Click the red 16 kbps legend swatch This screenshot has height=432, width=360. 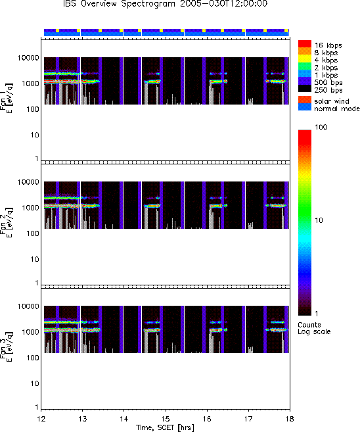coord(305,44)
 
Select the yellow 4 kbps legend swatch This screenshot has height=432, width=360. coord(305,59)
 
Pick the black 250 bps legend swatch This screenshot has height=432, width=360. coord(305,89)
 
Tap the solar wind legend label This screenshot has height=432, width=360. coord(331,101)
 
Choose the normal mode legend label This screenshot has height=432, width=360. coord(337,108)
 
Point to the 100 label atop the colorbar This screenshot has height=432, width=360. coord(321,127)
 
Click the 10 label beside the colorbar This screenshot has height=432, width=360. coord(319,220)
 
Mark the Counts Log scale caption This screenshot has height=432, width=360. coord(314,328)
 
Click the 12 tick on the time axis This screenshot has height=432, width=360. coord(41,419)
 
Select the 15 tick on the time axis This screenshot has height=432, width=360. coord(166,419)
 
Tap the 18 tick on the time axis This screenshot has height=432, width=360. coord(290,419)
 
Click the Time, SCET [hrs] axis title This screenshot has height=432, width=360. coord(165,427)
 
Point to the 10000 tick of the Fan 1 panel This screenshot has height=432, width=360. coord(28,58)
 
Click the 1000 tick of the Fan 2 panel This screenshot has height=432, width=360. coord(31,208)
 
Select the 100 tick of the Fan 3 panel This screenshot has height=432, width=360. coord(33,358)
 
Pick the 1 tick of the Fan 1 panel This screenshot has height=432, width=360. coord(37,158)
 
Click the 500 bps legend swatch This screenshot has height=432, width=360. coord(305,81)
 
